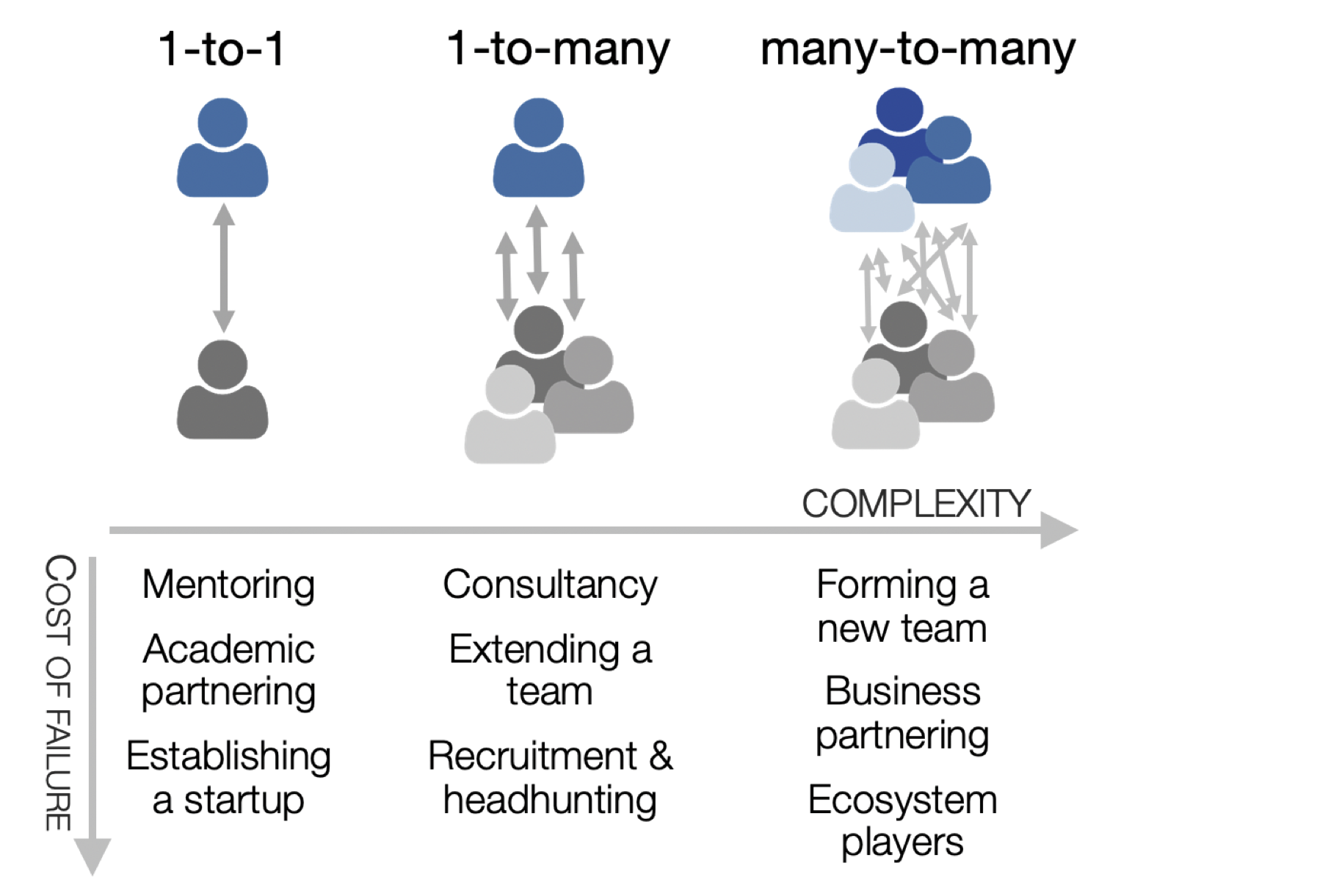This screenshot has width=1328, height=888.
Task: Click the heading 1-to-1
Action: point(221,50)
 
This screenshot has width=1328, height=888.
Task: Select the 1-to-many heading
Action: point(558,50)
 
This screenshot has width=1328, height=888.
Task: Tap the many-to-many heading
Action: point(917,50)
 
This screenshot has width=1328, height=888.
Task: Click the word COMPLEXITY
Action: point(915,504)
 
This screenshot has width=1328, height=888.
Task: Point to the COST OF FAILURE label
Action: point(59,692)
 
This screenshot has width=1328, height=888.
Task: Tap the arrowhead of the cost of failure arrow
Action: point(92,855)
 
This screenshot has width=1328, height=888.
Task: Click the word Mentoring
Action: point(228,585)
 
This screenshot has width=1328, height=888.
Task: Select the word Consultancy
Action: point(550,585)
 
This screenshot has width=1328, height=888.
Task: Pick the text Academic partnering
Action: point(228,670)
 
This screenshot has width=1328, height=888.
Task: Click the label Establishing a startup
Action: point(228,777)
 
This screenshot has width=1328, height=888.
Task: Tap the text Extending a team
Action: point(550,670)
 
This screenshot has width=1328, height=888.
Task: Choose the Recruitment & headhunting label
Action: point(550,777)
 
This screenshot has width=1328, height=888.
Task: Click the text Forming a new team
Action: point(902,607)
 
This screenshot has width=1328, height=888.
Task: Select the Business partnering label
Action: point(902,712)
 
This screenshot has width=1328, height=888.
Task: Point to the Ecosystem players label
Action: point(902,820)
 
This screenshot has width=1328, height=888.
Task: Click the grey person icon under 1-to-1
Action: point(222,391)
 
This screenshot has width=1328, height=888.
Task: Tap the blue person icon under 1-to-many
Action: point(538,149)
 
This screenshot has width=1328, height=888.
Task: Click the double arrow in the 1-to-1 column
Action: point(223,268)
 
